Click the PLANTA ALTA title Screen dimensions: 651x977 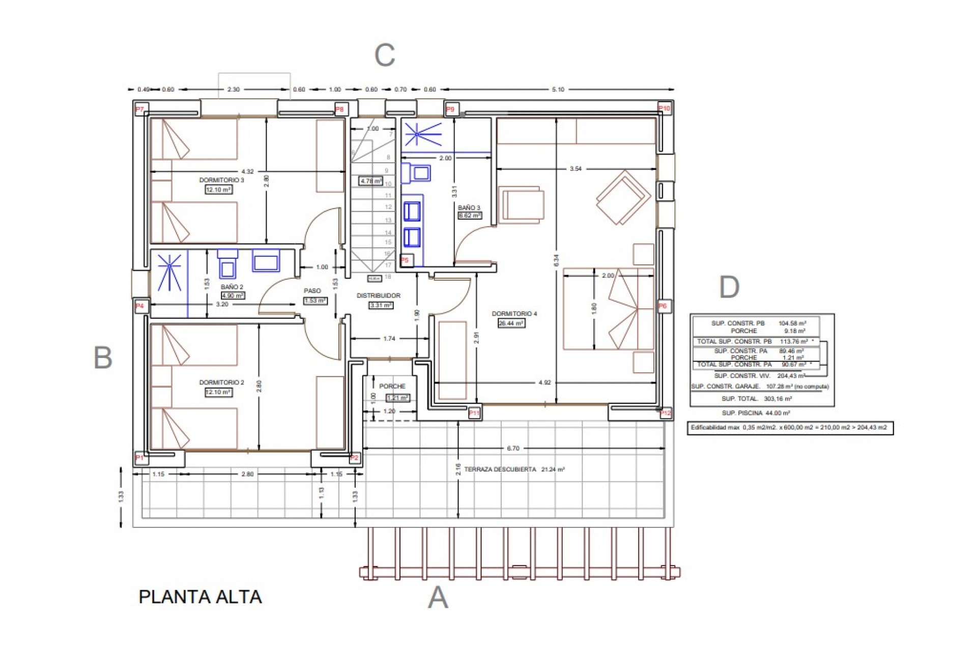tap(200, 597)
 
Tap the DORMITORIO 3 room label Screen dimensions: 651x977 tap(221, 180)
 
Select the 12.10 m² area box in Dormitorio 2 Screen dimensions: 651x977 tap(218, 392)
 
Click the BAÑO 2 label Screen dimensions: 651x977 tap(232, 287)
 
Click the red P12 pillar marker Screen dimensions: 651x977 tap(666, 413)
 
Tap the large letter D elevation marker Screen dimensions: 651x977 tap(729, 288)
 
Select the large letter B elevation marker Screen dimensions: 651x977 tap(103, 358)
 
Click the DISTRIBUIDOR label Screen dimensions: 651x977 tap(378, 295)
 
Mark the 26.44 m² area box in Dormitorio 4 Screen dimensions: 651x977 tap(511, 323)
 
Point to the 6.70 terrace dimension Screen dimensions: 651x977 tap(513, 449)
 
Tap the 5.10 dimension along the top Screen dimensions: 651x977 tap(558, 90)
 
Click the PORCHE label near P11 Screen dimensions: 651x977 tap(392, 386)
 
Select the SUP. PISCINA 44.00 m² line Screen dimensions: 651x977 tap(755, 413)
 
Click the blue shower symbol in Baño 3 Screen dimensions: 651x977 tap(417, 134)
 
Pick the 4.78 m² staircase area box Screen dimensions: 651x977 tap(370, 181)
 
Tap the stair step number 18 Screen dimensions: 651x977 tap(388, 277)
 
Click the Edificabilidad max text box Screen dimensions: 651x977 tap(790, 428)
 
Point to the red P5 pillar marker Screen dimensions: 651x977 tap(405, 260)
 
